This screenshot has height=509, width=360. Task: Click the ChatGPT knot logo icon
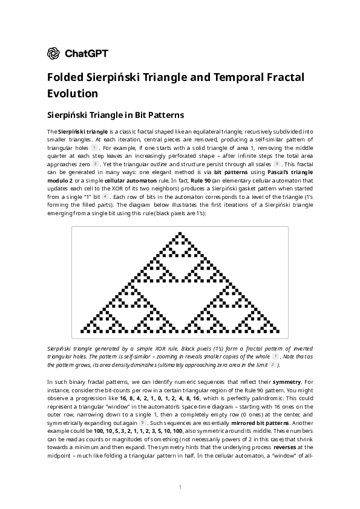(x=53, y=54)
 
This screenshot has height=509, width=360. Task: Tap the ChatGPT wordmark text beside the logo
(x=86, y=54)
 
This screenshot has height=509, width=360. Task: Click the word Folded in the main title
(x=65, y=78)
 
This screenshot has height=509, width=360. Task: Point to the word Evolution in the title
(x=73, y=94)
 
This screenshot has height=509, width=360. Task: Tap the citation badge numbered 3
(x=277, y=164)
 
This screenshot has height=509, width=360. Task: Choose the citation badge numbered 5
(x=143, y=423)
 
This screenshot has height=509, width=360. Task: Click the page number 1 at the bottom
(x=180, y=487)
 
